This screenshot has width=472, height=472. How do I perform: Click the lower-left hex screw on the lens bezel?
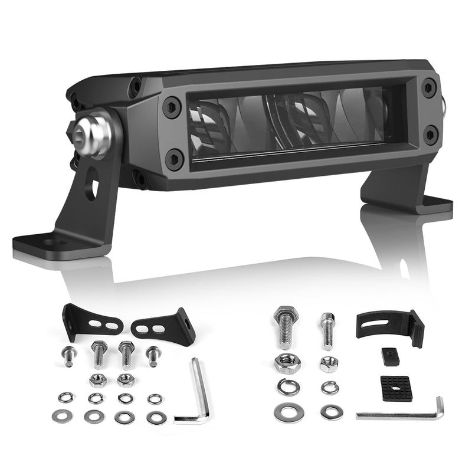pos(174,158)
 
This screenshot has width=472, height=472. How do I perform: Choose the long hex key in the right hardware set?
pos(407,411)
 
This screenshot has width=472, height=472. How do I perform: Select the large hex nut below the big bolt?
pos(287,363)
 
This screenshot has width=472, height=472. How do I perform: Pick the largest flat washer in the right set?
pos(287,412)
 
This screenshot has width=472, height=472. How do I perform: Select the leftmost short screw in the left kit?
pos(69,355)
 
